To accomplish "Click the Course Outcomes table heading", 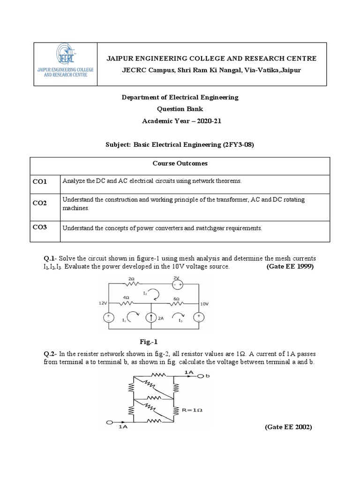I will tap(180, 164).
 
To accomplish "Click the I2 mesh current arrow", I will tap(157, 294).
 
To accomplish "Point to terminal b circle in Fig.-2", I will tap(201, 376).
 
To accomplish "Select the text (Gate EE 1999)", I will tap(290, 266).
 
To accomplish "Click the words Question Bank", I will tap(180, 109).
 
